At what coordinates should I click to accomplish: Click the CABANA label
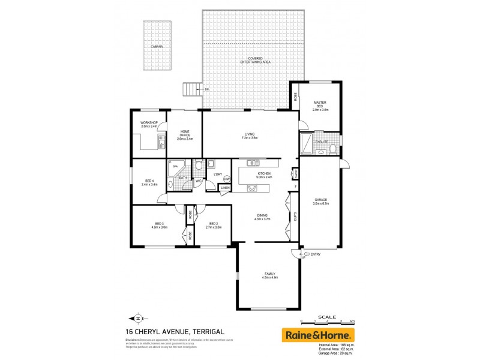coord(157,46)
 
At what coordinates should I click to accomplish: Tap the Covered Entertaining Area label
coord(251,60)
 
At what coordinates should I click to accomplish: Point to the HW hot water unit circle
coord(226,179)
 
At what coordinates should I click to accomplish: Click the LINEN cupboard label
coord(225,188)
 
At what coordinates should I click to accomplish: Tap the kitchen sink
coord(252,163)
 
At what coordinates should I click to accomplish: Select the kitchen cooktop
coord(253,188)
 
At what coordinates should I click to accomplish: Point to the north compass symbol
coord(139,318)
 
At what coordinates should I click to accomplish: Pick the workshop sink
coord(160,142)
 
